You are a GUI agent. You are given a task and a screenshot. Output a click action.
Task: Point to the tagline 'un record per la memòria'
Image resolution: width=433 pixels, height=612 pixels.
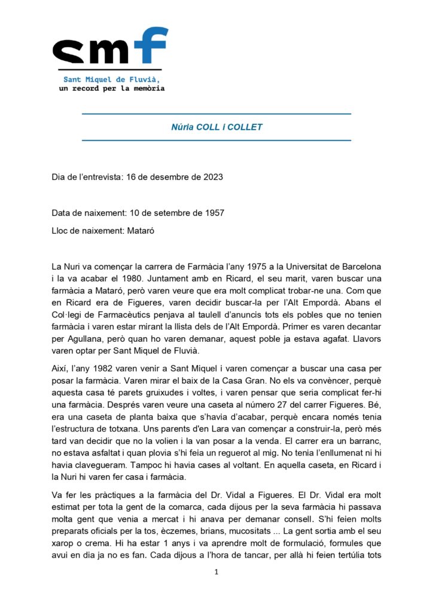(x=111, y=88)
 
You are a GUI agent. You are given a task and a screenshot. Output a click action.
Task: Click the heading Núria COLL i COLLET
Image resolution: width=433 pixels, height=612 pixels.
(x=216, y=127)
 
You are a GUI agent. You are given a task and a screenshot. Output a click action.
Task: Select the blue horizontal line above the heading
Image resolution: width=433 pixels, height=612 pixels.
(x=216, y=114)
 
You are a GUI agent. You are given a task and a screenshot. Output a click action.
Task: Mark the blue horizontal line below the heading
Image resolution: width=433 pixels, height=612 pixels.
(x=216, y=141)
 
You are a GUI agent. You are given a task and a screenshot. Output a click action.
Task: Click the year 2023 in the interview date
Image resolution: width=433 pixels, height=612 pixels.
(x=213, y=178)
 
